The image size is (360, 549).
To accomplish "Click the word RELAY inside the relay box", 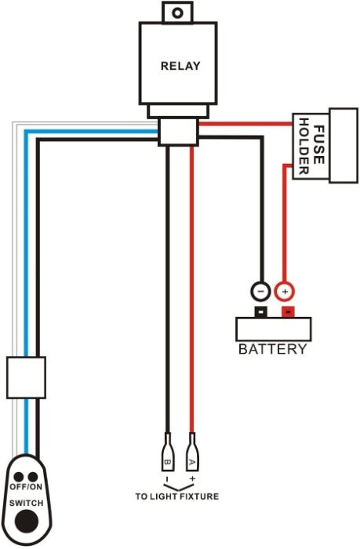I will pyautogui.click(x=180, y=66).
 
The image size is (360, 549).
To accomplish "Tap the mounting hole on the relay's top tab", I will pyautogui.click(x=179, y=12).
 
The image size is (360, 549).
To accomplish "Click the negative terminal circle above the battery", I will pyautogui.click(x=260, y=291).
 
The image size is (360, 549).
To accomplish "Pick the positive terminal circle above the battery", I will pyautogui.click(x=284, y=291).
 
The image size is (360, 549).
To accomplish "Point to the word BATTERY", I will pyautogui.click(x=272, y=349).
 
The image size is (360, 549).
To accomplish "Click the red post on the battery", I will pyautogui.click(x=288, y=312).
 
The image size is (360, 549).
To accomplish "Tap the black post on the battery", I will pyautogui.click(x=259, y=312).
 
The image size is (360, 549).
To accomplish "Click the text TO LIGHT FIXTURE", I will pyautogui.click(x=176, y=496).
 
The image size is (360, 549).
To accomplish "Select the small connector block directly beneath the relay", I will pyautogui.click(x=178, y=130).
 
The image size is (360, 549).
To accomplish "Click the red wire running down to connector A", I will pyautogui.click(x=191, y=298).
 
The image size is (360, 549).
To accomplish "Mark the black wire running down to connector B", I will pyautogui.click(x=167, y=298).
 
